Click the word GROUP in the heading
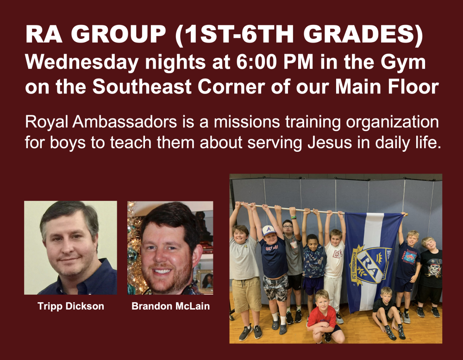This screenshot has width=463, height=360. point(119,34)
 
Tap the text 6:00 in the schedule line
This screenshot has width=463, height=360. point(257,62)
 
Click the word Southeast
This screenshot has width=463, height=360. point(142,87)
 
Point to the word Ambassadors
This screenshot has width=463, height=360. point(124,122)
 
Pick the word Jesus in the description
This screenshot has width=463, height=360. point(330,143)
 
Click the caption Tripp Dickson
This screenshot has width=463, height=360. point(71,306)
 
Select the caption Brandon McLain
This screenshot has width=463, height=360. point(171,306)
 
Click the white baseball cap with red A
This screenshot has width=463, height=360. point(269,230)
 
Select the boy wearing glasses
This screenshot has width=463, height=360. point(291,266)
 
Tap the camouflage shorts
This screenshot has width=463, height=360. point(275,287)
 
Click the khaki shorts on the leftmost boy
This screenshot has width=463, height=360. point(246,294)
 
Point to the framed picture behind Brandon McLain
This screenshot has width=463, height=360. point(206,280)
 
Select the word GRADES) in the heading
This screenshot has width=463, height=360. point(363,34)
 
